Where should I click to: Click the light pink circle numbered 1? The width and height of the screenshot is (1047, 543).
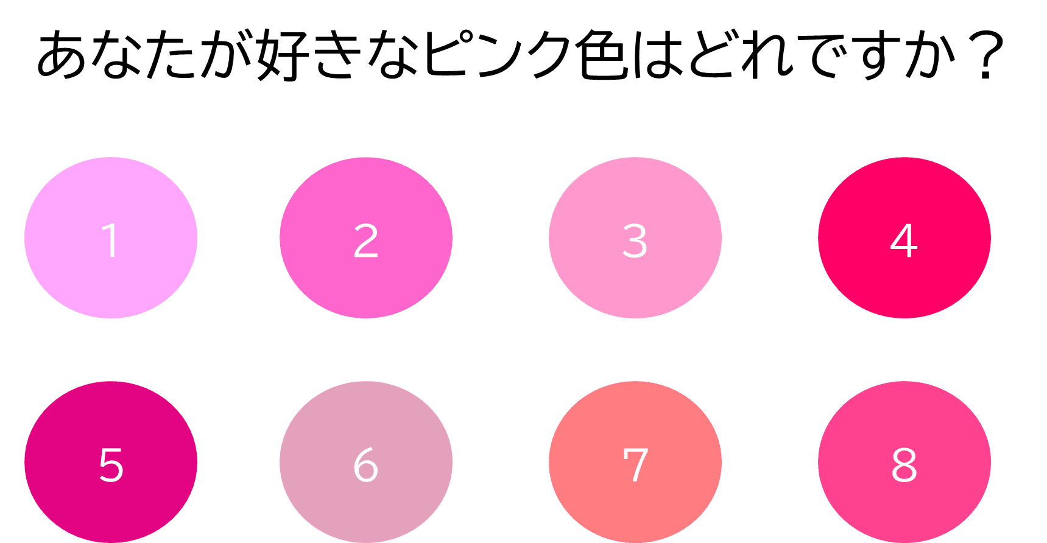pyautogui.click(x=111, y=237)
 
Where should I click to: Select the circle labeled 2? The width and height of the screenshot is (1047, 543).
pyautogui.click(x=366, y=237)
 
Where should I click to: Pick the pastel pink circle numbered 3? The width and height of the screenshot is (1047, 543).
pyautogui.click(x=635, y=237)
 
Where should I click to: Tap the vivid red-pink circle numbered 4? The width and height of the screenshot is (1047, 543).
pyautogui.click(x=904, y=237)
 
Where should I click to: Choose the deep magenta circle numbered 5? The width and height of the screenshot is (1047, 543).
pyautogui.click(x=111, y=462)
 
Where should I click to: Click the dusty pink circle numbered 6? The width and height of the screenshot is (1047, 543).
pyautogui.click(x=366, y=462)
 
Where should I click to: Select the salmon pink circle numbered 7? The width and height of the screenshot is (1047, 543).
pyautogui.click(x=635, y=462)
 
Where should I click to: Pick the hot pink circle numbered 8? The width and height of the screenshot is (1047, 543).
pyautogui.click(x=904, y=462)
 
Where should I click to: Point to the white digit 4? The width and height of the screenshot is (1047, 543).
pyautogui.click(x=904, y=240)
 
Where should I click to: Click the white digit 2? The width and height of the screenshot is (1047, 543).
pyautogui.click(x=366, y=240)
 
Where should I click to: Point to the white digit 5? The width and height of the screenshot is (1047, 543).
pyautogui.click(x=111, y=465)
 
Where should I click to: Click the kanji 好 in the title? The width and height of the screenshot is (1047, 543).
pyautogui.click(x=281, y=54)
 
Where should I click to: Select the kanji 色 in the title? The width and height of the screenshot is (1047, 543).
pyautogui.click(x=601, y=54)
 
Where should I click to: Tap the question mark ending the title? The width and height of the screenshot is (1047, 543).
pyautogui.click(x=985, y=55)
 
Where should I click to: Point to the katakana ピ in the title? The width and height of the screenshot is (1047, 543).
pyautogui.click(x=444, y=54)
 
